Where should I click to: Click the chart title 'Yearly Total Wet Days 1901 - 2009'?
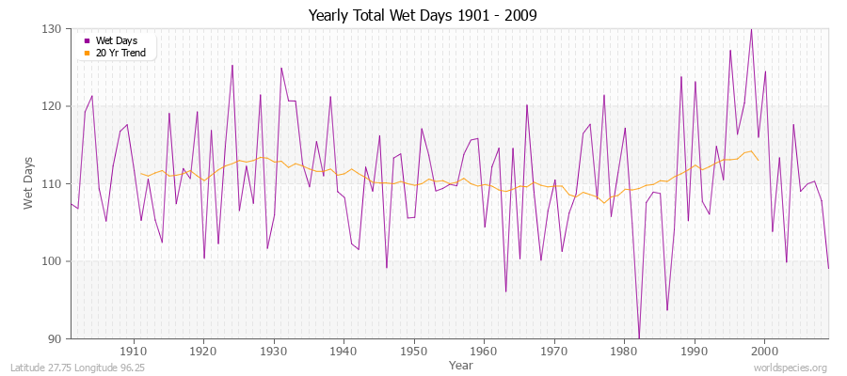pyautogui.click(x=423, y=16)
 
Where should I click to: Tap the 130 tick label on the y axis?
pyautogui.click(x=53, y=29)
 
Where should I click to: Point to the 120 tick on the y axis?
pyautogui.click(x=53, y=106)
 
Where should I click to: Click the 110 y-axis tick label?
pyautogui.click(x=53, y=184)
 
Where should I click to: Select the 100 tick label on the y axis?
pyautogui.click(x=53, y=261)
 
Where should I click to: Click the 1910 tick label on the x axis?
pyautogui.click(x=133, y=351)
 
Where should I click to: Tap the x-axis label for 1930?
pyautogui.click(x=273, y=351)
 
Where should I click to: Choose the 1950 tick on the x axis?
pyautogui.click(x=413, y=351)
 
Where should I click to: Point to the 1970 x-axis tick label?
pyautogui.click(x=553, y=351)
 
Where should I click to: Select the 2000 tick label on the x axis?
pyautogui.click(x=764, y=351)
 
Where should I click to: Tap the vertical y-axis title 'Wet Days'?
pyautogui.click(x=28, y=183)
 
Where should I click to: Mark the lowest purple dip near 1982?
pyautogui.click(x=639, y=337)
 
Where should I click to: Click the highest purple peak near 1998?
pyautogui.click(x=751, y=29)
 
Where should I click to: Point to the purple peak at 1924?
pyautogui.click(x=232, y=66)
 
